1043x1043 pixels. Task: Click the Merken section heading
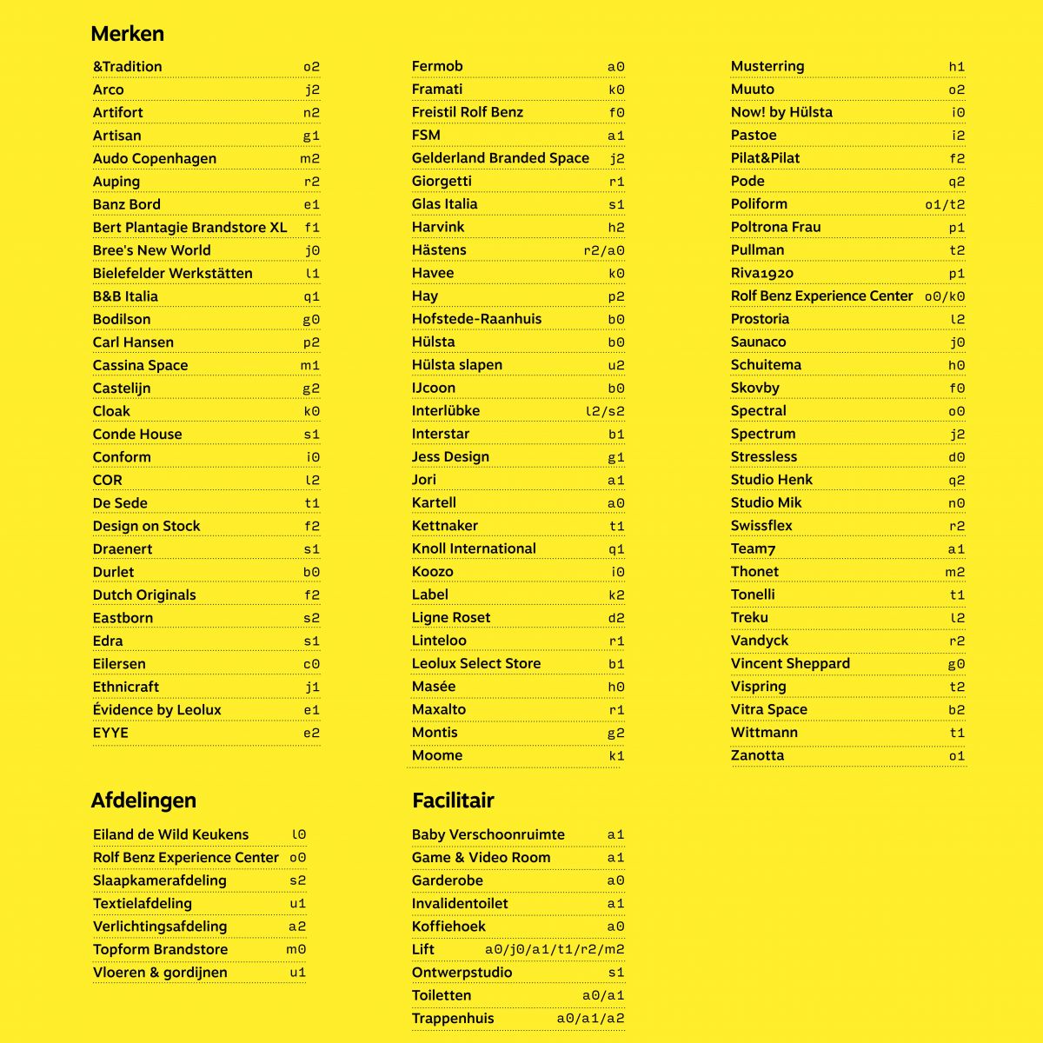pos(127,34)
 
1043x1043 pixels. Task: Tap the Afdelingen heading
pos(143,801)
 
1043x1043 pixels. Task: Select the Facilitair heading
pos(453,801)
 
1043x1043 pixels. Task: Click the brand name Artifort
pos(118,112)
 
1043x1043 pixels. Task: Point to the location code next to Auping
pos(311,182)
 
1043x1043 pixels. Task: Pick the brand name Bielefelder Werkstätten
pos(172,273)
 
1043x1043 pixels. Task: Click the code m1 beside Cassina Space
pos(310,366)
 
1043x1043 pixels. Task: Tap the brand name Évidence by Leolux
pos(156,710)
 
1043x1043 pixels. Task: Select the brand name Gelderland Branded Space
pos(500,158)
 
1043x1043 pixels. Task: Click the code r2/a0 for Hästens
pos(603,250)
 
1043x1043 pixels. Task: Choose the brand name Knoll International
pos(474,548)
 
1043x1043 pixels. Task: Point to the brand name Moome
pos(436,755)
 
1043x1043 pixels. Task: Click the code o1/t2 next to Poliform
pos(944,204)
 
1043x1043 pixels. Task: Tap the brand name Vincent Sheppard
pos(790,663)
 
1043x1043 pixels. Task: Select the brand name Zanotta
pos(757,755)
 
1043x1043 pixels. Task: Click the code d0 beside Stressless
pos(956,457)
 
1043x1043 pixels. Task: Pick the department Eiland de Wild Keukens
pos(170,834)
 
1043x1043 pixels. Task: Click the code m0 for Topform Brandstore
pos(296,950)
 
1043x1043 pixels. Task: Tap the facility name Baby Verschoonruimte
pos(488,834)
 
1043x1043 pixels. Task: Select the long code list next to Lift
pos(555,950)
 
